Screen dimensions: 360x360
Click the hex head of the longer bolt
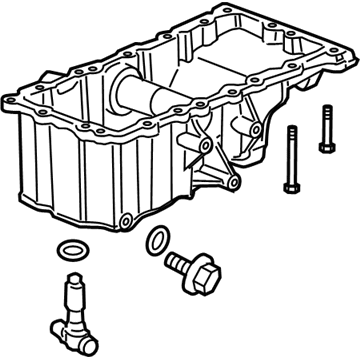[x=291, y=133]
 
